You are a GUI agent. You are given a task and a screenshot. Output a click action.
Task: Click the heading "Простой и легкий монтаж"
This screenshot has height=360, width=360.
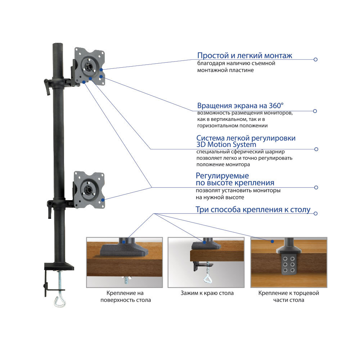point(244,56)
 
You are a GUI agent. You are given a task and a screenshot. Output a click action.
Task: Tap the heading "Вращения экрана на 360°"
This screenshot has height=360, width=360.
point(240,106)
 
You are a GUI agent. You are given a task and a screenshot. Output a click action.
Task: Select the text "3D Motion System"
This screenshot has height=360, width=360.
point(226,145)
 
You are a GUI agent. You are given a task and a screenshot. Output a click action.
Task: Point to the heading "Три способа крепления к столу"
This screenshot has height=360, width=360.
point(253,210)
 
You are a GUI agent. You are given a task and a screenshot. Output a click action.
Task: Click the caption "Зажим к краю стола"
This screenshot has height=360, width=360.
point(207,293)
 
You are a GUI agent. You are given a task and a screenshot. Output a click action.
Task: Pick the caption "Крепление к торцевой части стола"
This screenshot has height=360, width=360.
point(289,296)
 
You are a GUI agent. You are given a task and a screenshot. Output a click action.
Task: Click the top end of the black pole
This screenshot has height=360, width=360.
point(58,45)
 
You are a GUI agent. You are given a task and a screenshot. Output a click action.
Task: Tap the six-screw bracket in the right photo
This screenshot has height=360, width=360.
point(289,264)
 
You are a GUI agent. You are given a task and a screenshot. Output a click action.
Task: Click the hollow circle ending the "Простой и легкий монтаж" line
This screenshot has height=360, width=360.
point(315,59)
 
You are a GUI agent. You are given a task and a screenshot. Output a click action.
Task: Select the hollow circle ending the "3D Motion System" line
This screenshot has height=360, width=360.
point(316,149)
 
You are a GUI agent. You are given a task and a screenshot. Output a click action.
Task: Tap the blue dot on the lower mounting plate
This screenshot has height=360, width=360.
point(103,199)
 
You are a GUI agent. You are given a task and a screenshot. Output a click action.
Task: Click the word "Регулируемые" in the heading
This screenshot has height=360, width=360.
point(222,176)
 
